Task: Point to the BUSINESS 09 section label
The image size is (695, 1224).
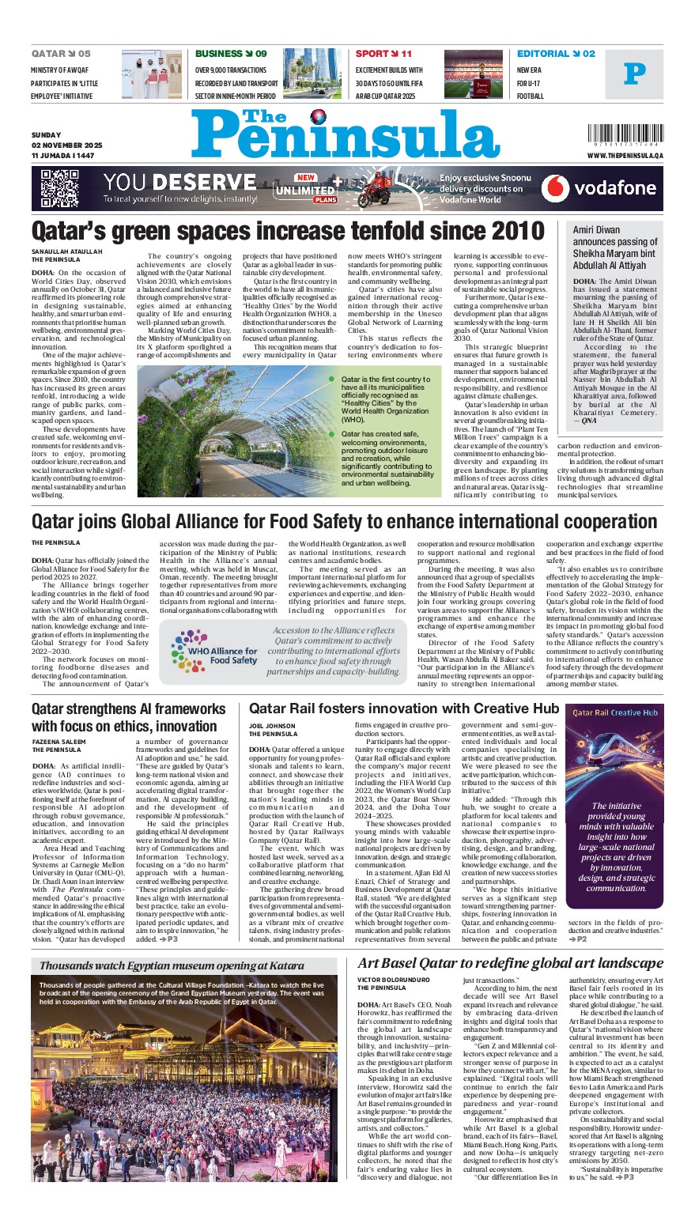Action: [231, 54]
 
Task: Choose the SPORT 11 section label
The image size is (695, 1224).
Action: [383, 54]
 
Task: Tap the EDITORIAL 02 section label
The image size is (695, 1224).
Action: [556, 54]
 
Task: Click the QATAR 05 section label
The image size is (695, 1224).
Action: [61, 54]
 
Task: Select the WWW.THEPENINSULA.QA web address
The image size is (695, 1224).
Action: [625, 156]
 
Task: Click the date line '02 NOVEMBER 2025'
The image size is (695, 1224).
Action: [67, 145]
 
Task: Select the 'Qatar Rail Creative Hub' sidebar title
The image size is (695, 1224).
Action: [614, 712]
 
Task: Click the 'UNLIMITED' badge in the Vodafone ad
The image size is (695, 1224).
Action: [304, 190]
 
